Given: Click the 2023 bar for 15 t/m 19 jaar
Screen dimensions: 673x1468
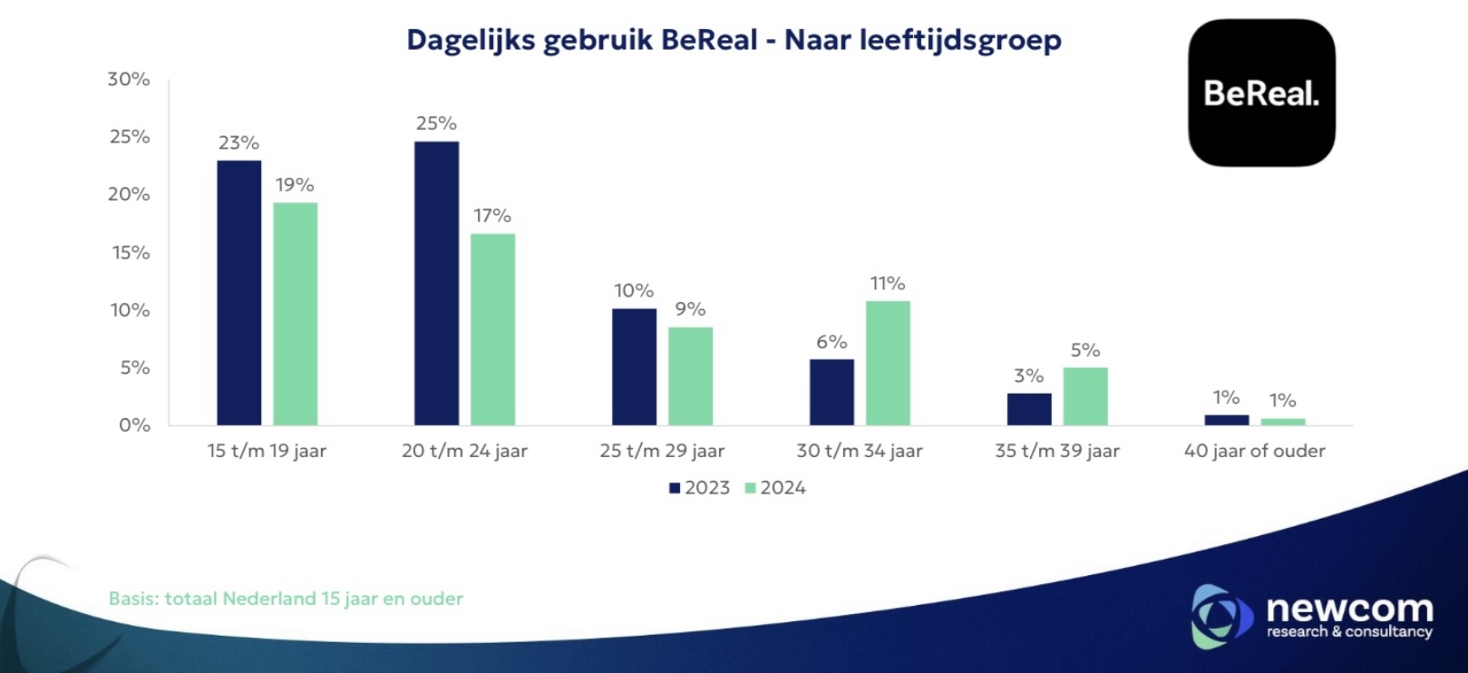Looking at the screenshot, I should [238, 293].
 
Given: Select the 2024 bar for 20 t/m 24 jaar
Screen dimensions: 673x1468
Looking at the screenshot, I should [492, 329].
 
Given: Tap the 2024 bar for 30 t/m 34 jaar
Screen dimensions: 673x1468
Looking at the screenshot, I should [888, 363].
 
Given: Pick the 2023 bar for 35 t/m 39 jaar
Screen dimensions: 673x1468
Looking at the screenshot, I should [1029, 409].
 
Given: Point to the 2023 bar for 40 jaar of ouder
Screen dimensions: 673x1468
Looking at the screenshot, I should [1226, 420].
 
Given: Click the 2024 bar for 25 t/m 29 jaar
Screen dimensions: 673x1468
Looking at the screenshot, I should [690, 376].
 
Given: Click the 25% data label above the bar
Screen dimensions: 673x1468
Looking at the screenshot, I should [436, 123].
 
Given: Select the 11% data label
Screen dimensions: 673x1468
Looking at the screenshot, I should [888, 284].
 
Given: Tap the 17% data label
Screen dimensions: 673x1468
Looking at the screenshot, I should [492, 216].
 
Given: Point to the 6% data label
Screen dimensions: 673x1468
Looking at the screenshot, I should [831, 342].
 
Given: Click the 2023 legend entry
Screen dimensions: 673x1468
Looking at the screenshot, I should [699, 488].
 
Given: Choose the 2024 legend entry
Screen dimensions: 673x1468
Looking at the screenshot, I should [775, 488].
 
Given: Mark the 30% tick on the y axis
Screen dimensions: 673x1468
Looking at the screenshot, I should [129, 79].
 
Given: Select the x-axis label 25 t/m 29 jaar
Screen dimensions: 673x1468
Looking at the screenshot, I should [662, 451].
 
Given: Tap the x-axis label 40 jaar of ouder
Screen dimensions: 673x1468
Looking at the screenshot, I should [1254, 451].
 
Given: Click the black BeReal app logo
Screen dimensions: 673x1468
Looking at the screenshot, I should [1261, 93].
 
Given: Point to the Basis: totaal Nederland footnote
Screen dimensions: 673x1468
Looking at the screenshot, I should [286, 599].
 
